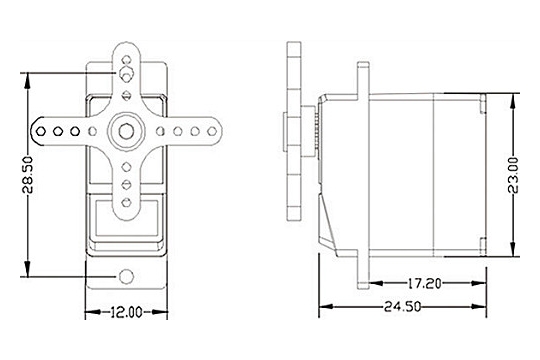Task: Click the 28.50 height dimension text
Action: [31, 173]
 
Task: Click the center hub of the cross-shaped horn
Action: [125, 130]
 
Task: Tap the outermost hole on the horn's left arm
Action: [42, 130]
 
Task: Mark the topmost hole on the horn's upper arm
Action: [125, 58]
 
